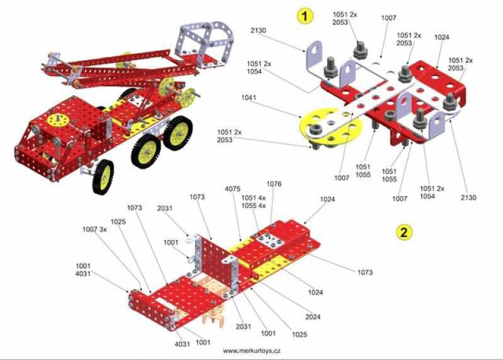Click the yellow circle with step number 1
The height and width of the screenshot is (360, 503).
304,16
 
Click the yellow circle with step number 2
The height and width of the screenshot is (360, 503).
404,232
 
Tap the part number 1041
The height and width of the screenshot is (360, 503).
248,97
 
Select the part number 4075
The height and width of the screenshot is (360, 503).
233,189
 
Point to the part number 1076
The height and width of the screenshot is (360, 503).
274,183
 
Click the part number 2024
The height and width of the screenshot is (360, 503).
312,317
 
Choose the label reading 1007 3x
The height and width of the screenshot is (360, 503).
95,229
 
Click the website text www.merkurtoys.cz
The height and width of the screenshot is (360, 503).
252,351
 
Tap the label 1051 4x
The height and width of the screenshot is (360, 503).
253,198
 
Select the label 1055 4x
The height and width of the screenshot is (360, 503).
253,205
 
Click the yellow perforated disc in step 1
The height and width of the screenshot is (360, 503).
331,126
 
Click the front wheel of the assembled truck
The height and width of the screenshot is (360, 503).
103,176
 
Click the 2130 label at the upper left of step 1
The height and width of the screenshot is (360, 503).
258,30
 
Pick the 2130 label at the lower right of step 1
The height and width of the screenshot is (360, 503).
468,197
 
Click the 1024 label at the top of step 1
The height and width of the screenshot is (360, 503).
442,37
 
